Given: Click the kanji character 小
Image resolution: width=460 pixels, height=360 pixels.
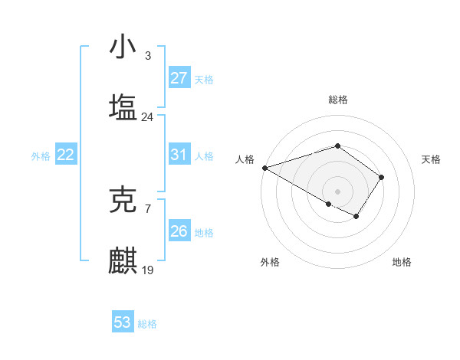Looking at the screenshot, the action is (123, 47).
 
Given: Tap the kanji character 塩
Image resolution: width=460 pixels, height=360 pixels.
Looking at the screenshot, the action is (123, 106).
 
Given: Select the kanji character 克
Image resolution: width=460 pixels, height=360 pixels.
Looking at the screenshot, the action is (123, 200).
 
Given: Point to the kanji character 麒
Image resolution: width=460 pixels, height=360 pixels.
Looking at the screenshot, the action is (123, 260).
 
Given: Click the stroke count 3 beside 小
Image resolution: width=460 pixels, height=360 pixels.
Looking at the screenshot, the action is (147, 56).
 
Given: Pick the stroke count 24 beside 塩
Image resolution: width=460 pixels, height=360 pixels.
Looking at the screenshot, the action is (147, 116).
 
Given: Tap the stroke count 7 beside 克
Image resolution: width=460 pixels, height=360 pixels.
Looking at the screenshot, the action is (147, 209).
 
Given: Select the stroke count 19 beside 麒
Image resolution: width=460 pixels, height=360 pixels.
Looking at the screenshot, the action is (147, 270).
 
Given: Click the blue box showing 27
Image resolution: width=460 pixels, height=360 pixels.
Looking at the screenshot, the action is (179, 78).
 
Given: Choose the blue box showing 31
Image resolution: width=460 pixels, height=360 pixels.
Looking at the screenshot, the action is (179, 155).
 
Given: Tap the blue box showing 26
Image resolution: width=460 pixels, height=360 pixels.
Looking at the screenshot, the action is (179, 231).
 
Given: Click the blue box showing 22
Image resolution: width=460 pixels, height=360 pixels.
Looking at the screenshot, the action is (66, 155).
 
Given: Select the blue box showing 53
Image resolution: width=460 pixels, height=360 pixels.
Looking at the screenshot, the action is (123, 322).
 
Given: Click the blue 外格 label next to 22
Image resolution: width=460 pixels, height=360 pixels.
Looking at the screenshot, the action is (41, 156).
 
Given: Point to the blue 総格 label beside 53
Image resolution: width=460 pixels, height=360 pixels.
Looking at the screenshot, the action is (147, 324).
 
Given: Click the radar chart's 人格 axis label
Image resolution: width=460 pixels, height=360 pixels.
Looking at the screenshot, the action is (245, 159).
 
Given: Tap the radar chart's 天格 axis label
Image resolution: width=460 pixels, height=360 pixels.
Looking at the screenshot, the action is (432, 159).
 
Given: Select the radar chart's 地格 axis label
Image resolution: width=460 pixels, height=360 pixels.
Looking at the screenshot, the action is (402, 262).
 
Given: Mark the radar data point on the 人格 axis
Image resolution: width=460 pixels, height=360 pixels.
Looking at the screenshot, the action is (264, 168).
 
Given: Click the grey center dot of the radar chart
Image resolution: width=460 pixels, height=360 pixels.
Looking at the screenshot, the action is (338, 191).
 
